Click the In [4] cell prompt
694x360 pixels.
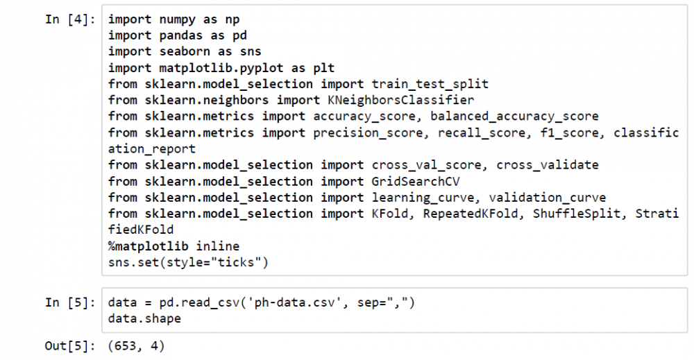coord(70,20)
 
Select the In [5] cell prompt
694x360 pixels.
coord(70,303)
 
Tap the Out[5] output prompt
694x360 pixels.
coord(70,346)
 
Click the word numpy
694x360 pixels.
coord(178,20)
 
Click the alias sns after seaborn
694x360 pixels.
coord(251,52)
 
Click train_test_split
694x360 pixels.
coord(430,85)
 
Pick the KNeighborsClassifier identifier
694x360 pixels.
coord(401,101)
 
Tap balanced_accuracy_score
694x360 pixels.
coord(514,117)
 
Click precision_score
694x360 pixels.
coord(368,133)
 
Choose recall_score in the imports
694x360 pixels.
coord(482,133)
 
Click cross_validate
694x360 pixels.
coord(548,165)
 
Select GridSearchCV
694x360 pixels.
coord(416,182)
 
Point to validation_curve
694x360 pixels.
coord(548,198)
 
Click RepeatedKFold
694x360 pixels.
coord(471,214)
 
